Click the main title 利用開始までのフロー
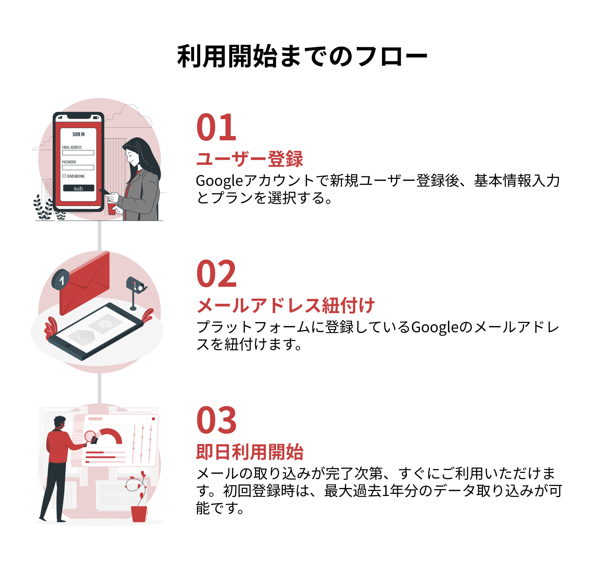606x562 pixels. [302, 57]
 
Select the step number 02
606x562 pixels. [216, 274]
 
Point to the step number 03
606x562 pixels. [216, 421]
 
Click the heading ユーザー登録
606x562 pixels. [250, 159]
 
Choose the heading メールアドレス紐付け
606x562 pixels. [286, 306]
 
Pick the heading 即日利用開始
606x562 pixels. [250, 452]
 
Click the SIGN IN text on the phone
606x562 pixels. [78, 134]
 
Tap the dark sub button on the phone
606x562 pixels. [78, 188]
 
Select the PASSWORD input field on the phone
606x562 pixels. [78, 167]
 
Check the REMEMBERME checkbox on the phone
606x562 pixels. [64, 176]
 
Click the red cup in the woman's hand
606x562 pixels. [112, 208]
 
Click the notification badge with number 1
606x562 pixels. [61, 280]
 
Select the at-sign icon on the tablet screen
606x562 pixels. [105, 324]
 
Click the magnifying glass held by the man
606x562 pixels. [90, 436]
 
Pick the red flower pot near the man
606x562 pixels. [139, 514]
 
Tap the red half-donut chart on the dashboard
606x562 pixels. [110, 435]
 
